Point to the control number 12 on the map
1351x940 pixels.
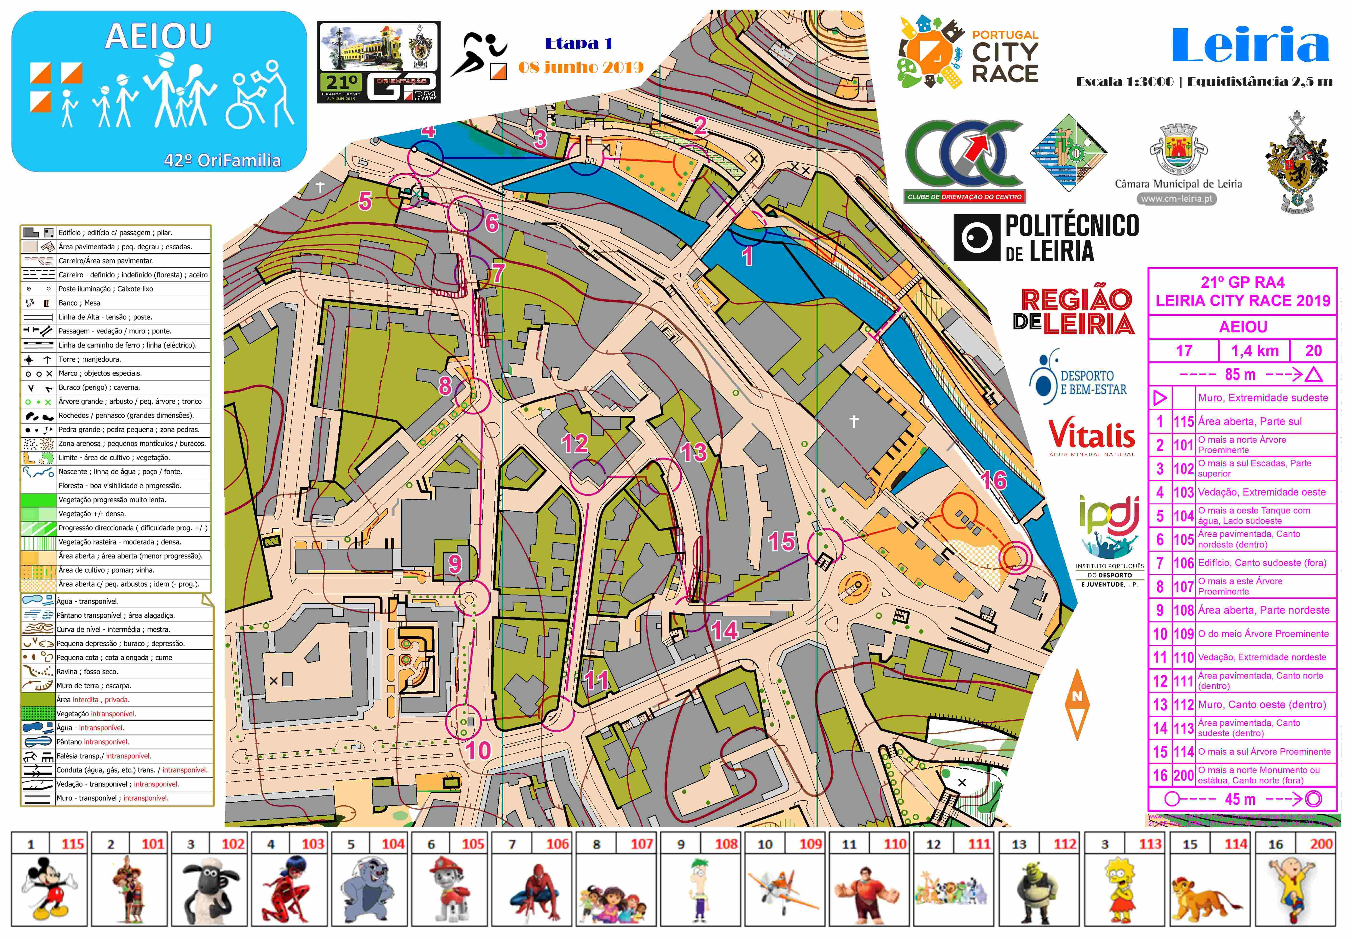(574, 443)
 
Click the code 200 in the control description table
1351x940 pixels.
(1183, 775)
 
